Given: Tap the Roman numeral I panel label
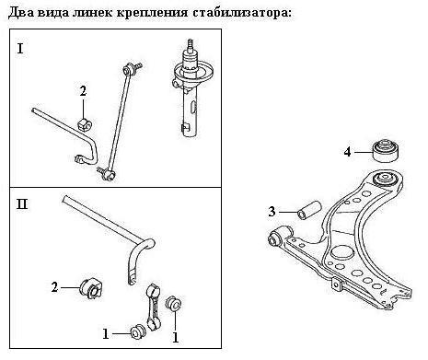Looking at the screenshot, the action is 20,49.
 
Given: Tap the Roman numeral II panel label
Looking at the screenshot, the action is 22,203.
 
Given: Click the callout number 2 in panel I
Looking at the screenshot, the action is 83,91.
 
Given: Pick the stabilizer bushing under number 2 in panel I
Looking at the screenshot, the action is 85,123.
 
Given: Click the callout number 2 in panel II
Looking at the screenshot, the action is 54,287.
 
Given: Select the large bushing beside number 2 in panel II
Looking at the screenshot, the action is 92,288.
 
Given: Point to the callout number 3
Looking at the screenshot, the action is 272,212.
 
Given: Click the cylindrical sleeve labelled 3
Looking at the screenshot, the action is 309,211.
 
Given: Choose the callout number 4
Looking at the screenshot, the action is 347,152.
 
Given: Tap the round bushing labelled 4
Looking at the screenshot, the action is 386,150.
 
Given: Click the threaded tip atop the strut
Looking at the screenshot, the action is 191,44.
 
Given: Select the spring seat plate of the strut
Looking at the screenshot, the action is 193,75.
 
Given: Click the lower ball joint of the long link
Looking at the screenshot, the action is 110,175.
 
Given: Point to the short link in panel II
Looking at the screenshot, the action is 154,307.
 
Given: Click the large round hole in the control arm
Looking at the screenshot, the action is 342,252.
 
